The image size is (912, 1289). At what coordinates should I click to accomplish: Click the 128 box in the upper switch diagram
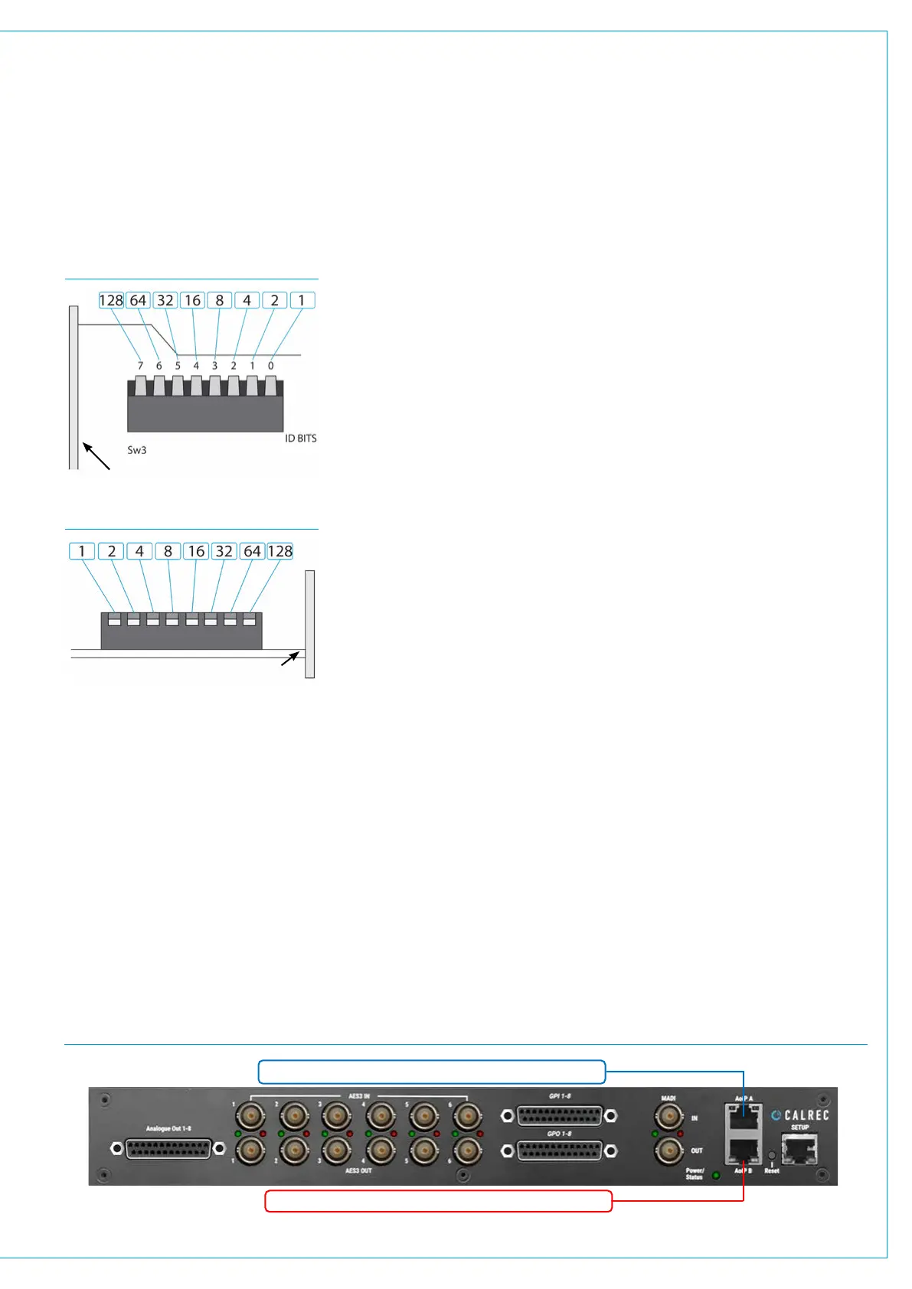click(111, 300)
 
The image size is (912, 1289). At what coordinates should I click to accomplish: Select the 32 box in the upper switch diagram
click(165, 300)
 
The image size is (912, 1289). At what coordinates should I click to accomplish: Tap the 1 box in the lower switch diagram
click(82, 551)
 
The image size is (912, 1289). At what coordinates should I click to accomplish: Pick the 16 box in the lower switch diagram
click(196, 551)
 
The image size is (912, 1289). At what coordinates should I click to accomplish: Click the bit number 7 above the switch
click(140, 366)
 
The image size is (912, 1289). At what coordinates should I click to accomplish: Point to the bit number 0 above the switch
click(270, 366)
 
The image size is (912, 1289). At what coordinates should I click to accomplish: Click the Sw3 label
click(136, 450)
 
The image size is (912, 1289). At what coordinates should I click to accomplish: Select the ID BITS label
click(300, 439)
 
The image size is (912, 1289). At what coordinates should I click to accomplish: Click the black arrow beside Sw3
click(96, 455)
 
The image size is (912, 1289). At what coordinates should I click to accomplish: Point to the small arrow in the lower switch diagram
click(289, 658)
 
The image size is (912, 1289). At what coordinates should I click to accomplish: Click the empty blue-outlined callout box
click(432, 1072)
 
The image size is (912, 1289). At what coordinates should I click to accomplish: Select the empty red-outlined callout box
click(438, 1201)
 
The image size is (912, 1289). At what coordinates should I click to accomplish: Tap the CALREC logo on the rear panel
click(800, 1115)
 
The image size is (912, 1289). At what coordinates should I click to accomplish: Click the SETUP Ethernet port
click(799, 1149)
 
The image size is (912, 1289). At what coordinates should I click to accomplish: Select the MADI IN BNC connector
click(668, 1118)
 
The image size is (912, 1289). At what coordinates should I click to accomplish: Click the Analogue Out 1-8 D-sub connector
click(168, 1149)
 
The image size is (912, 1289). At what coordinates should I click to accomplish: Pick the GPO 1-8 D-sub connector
click(559, 1150)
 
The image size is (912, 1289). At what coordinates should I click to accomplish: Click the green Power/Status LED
click(716, 1175)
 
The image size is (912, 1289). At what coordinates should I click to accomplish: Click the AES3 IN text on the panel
click(359, 1096)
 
